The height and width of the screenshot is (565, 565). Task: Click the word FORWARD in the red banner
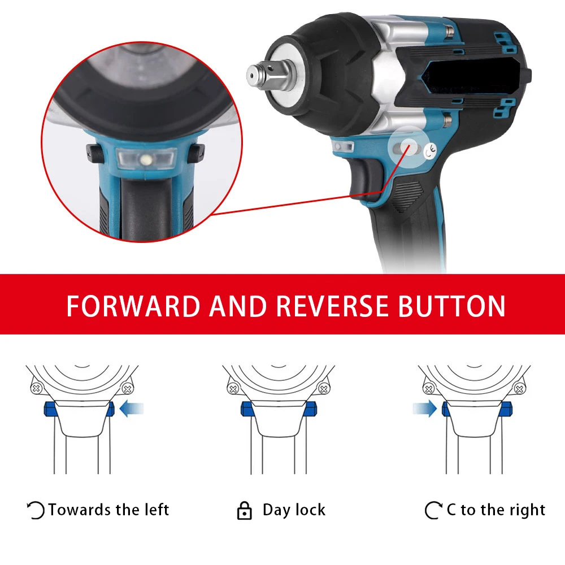tap(133, 306)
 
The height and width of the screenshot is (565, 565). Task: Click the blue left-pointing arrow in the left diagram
tap(132, 408)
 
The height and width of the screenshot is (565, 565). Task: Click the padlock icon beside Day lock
tap(244, 510)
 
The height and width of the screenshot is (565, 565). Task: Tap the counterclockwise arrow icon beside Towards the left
tap(36, 511)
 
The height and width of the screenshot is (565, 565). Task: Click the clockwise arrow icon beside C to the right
tap(433, 511)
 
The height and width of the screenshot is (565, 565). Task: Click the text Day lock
tap(294, 510)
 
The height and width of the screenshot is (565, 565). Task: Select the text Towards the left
tap(108, 510)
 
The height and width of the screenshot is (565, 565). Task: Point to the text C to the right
tap(496, 510)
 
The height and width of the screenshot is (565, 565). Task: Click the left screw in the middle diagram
tap(232, 389)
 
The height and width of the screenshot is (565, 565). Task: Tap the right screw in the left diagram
tap(128, 389)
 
